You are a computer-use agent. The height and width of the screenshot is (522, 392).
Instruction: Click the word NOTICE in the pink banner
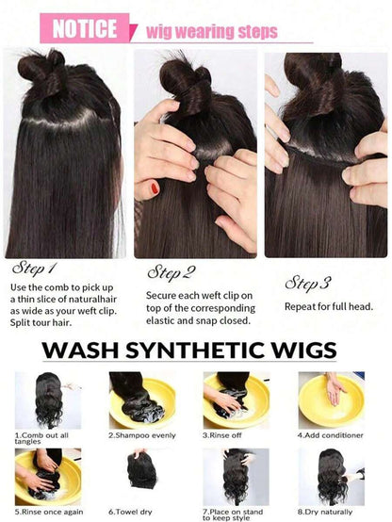click(x=85, y=28)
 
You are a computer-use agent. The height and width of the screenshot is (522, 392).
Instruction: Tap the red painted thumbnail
click(x=155, y=188)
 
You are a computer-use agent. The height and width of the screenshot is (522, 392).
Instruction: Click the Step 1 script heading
click(x=35, y=269)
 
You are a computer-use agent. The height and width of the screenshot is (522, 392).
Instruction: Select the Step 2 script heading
click(x=171, y=273)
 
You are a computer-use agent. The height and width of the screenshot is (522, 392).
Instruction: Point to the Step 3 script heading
click(x=308, y=283)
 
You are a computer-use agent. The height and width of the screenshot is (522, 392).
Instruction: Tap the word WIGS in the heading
click(x=304, y=350)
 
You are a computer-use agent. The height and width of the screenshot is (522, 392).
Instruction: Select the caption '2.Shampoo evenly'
click(x=142, y=435)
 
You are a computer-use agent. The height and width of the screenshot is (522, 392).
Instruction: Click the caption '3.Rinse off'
click(x=222, y=435)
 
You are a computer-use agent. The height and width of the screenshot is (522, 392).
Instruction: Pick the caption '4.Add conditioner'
click(x=331, y=435)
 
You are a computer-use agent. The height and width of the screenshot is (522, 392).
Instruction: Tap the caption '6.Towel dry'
click(x=130, y=512)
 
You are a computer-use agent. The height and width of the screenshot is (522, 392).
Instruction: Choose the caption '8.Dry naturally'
click(x=325, y=512)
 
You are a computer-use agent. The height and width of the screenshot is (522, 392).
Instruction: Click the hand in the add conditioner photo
click(x=335, y=388)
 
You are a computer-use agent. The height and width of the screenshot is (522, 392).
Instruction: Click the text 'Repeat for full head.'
click(x=329, y=306)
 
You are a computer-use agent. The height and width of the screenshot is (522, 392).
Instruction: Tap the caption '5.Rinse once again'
click(x=49, y=512)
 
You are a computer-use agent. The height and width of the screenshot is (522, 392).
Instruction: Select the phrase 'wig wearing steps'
click(x=212, y=32)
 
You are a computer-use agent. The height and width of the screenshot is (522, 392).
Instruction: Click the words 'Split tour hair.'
click(x=41, y=322)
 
